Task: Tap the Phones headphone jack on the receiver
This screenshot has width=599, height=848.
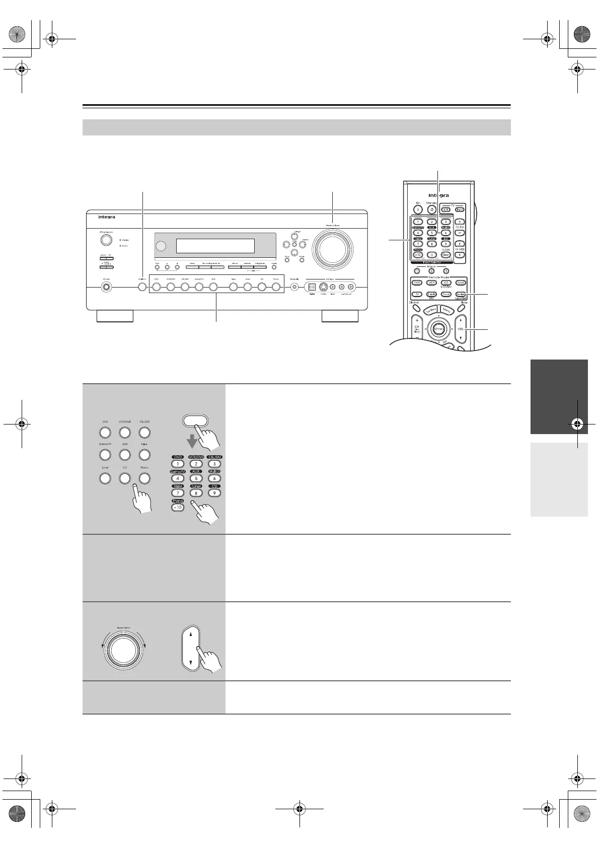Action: [x=107, y=288]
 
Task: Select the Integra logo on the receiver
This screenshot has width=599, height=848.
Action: [x=107, y=217]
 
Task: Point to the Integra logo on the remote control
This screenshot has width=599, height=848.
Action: [x=438, y=195]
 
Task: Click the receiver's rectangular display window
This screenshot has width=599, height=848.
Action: [x=215, y=246]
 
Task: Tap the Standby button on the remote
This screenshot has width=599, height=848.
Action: [x=431, y=210]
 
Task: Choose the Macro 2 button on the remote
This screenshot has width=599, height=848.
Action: [x=431, y=271]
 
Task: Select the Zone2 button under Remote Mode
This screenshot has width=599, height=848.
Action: [x=460, y=283]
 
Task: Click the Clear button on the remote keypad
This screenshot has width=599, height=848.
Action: [x=445, y=255]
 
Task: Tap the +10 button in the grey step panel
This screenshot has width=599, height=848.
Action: [x=178, y=508]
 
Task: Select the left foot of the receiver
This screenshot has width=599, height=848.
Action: [x=115, y=316]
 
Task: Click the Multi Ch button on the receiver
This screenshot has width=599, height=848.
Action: [x=142, y=287]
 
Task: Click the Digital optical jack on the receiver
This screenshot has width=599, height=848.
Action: [x=312, y=287]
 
